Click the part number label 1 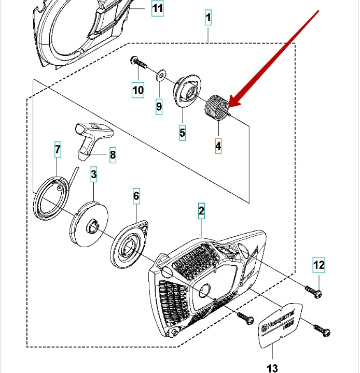208,18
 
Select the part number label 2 201,211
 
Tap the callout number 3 94,175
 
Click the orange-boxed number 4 218,146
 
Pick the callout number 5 183,133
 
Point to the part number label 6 136,196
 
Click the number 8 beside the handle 113,154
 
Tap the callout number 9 159,107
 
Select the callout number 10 137,90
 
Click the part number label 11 157,8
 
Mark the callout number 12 318,265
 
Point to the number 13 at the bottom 273,368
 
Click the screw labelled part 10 139,63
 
